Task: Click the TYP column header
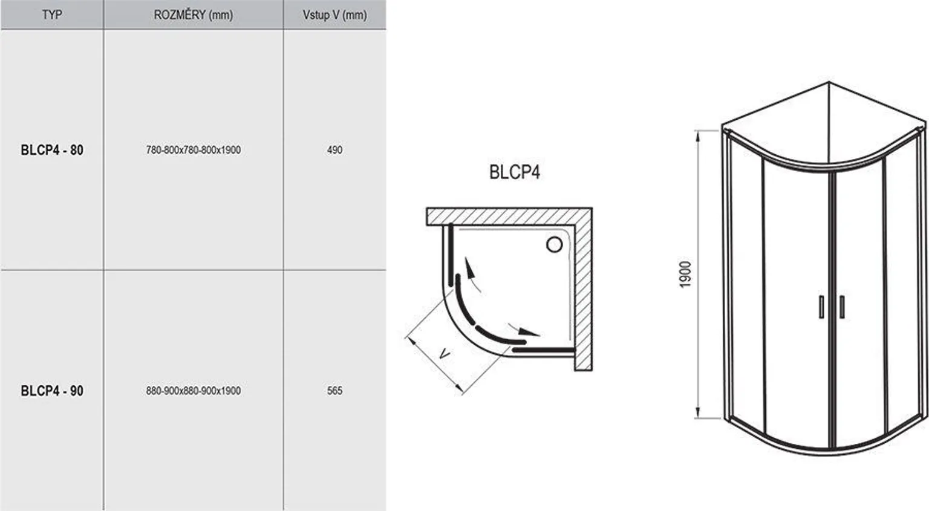tap(52, 15)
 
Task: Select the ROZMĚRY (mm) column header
tap(193, 15)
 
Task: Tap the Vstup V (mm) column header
tap(334, 15)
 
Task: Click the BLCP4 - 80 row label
tap(52, 150)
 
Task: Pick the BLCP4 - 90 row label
tap(52, 391)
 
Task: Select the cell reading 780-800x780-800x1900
tap(193, 150)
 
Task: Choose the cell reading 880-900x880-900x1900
tap(193, 391)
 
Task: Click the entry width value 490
tap(334, 150)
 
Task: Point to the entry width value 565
tap(334, 391)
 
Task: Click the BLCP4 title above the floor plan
tap(514, 172)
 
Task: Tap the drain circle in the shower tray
tap(554, 244)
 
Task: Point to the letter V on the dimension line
tap(444, 354)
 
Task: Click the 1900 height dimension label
tap(685, 275)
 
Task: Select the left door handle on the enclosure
tap(821, 307)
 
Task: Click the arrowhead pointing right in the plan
tap(531, 333)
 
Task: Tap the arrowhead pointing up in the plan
tap(466, 264)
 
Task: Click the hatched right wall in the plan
tap(583, 290)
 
